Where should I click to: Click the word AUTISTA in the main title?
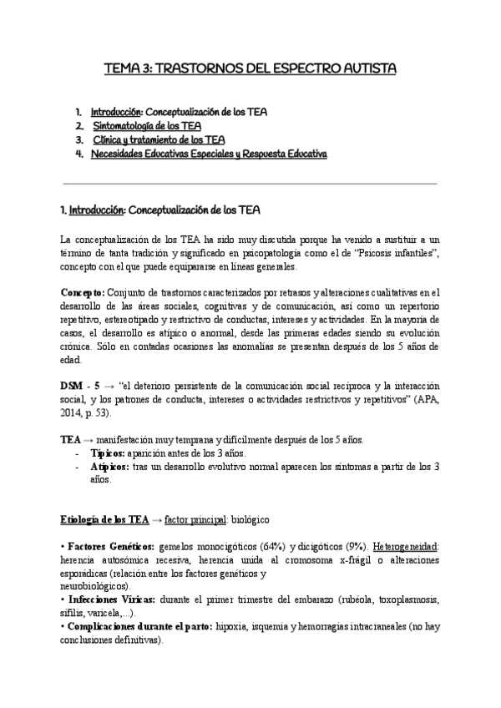pos(363,66)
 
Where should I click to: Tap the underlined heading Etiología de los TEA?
pos(104,519)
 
